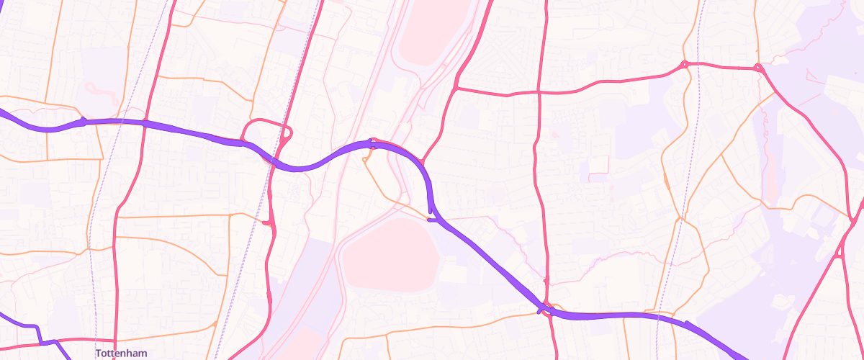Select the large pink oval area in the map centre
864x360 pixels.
click(x=390, y=256)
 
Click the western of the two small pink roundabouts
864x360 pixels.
click(x=684, y=65)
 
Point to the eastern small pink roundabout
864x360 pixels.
click(x=757, y=68)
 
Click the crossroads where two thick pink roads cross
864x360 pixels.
click(x=539, y=92)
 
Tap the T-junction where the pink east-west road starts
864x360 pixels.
click(x=456, y=88)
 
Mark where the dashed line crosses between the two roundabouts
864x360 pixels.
click(x=699, y=66)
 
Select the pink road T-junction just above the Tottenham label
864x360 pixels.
click(x=115, y=338)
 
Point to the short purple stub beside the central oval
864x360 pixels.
click(x=431, y=220)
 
